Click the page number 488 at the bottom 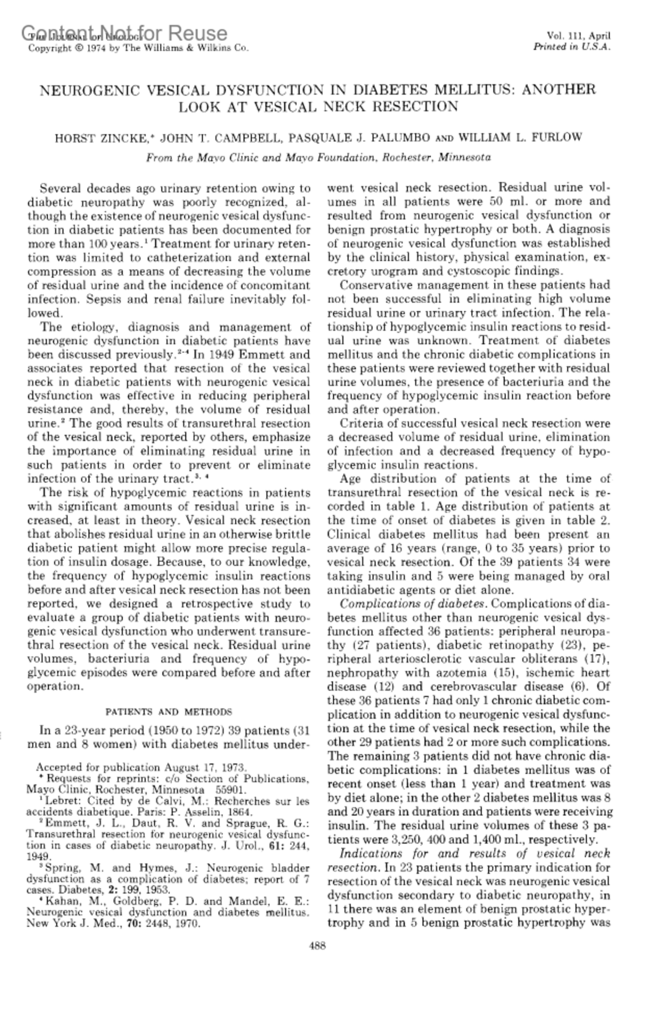(317, 946)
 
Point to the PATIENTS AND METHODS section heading (169, 712)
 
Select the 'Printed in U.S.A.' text (572, 47)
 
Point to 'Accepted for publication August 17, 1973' (141, 768)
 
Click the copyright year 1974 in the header (89, 48)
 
